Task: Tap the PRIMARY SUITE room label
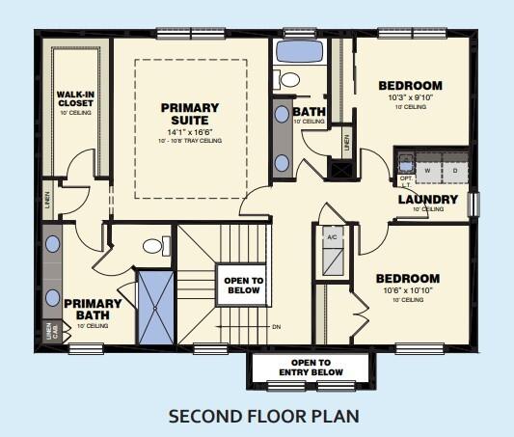pos(190,114)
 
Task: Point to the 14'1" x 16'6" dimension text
pos(190,131)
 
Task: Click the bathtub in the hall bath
pos(300,51)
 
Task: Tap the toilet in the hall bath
pos(288,79)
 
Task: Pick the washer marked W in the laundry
pos(426,170)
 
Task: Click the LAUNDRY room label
pos(426,200)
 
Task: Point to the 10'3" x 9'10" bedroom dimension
pos(411,98)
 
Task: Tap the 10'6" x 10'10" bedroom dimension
pos(408,290)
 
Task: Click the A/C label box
pos(331,236)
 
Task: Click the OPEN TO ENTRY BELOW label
pos(311,367)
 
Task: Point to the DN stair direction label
pos(276,327)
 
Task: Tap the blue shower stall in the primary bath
pos(154,308)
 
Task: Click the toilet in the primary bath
pos(152,246)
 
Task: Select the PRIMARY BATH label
pos(93,309)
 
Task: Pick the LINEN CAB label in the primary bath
pos(52,331)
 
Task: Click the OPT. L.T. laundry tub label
pos(405,181)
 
